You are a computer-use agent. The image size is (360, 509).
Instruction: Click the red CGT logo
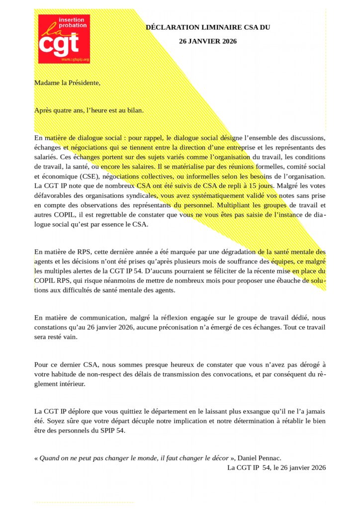click(x=64, y=39)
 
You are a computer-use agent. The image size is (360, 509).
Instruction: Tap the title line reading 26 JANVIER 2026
click(x=208, y=41)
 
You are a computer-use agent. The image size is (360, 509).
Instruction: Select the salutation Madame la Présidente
click(x=67, y=83)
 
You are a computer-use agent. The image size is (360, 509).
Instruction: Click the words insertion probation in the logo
click(x=72, y=22)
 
